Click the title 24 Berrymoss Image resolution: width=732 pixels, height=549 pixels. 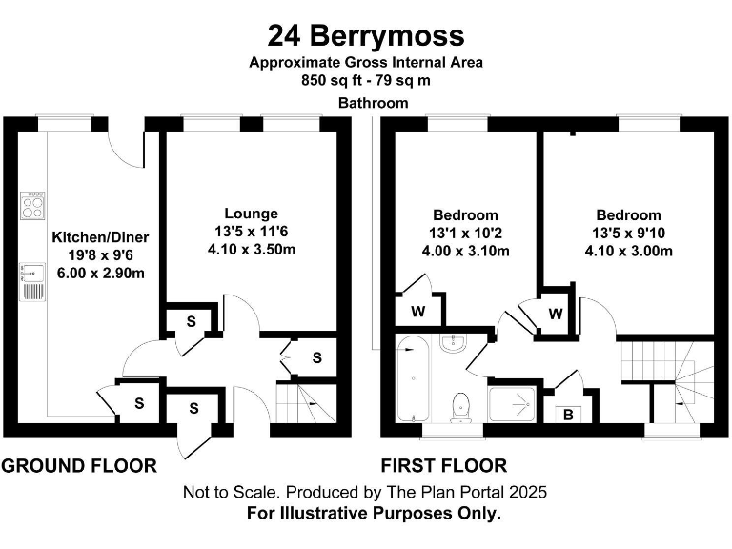point(366,35)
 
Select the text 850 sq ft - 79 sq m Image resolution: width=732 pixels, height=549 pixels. point(366,79)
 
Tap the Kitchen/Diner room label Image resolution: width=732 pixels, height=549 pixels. point(100,236)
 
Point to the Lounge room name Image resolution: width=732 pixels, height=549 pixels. point(252,213)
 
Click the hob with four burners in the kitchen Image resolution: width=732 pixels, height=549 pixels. point(33,205)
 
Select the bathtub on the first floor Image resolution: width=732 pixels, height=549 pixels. point(416,378)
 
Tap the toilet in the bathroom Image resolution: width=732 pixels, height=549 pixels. point(462,405)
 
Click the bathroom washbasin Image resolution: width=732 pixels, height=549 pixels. point(454,343)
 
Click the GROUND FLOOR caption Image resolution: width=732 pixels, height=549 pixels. point(79,466)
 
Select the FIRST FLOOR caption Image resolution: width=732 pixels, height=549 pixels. point(444,466)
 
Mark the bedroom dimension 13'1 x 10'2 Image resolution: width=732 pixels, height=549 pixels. point(465,234)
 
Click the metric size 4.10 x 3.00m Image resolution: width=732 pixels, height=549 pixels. point(628,252)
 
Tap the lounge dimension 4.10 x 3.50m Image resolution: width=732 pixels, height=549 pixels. point(252,250)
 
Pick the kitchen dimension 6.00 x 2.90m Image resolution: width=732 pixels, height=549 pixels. point(100,274)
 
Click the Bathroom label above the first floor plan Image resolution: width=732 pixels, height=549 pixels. point(374,103)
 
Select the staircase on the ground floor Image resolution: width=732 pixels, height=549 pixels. point(307,403)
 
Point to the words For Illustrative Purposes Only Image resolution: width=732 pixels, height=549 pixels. point(366,513)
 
